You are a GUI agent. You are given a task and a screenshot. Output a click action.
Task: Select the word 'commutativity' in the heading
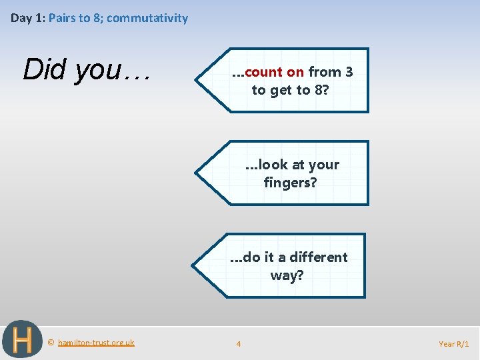[x=147, y=18]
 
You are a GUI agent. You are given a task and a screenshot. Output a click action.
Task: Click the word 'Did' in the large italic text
[x=46, y=69]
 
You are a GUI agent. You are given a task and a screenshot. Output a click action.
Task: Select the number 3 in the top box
[x=349, y=72]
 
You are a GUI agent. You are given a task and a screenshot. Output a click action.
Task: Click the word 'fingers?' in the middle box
[x=290, y=182]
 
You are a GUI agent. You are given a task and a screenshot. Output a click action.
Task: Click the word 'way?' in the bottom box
[x=287, y=275]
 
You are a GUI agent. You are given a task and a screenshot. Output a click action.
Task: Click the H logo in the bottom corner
[x=22, y=340]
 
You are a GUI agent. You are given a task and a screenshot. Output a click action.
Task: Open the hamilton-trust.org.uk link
[x=96, y=343]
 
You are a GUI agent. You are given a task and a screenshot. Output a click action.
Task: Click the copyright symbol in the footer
[x=51, y=343]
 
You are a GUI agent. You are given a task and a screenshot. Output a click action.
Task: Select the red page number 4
[x=239, y=344]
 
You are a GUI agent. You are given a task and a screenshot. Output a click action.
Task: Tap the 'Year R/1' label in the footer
[x=453, y=344]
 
